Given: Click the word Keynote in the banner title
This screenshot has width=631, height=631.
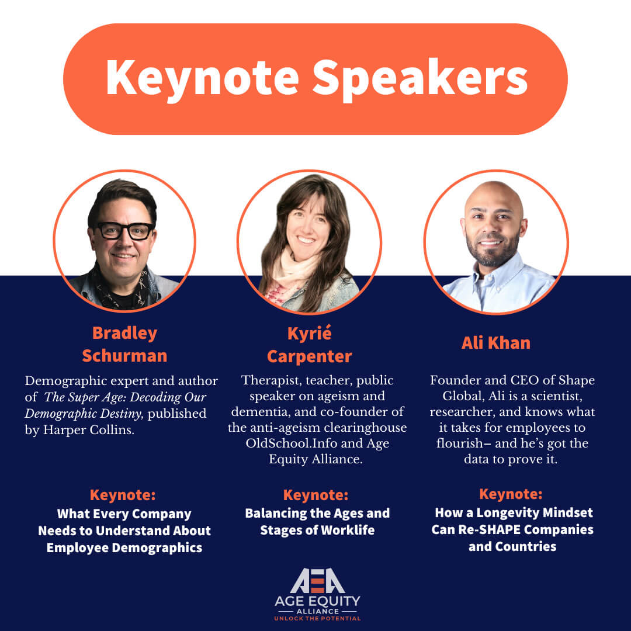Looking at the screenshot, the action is (x=202, y=79).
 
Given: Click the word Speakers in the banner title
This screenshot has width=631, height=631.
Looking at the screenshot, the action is (x=420, y=79).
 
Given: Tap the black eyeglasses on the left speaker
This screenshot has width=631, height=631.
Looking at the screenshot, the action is (x=125, y=231).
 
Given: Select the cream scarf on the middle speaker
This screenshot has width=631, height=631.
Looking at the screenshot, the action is (x=296, y=268).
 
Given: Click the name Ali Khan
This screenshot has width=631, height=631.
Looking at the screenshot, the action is (x=496, y=343).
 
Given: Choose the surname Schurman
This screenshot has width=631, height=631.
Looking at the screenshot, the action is (x=124, y=356).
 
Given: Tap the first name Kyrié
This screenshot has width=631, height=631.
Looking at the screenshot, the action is (x=310, y=333).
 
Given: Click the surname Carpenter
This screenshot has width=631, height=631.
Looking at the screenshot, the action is (x=310, y=356).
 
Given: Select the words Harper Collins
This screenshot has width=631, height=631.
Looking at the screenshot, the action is (x=89, y=430).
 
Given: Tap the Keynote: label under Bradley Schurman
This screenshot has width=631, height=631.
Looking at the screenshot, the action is (x=123, y=495).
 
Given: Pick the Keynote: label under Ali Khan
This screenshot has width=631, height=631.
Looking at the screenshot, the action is (x=511, y=494).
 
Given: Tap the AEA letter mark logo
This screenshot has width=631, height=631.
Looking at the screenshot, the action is (x=317, y=580).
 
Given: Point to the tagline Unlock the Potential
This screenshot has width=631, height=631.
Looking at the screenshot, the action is (x=317, y=618).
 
